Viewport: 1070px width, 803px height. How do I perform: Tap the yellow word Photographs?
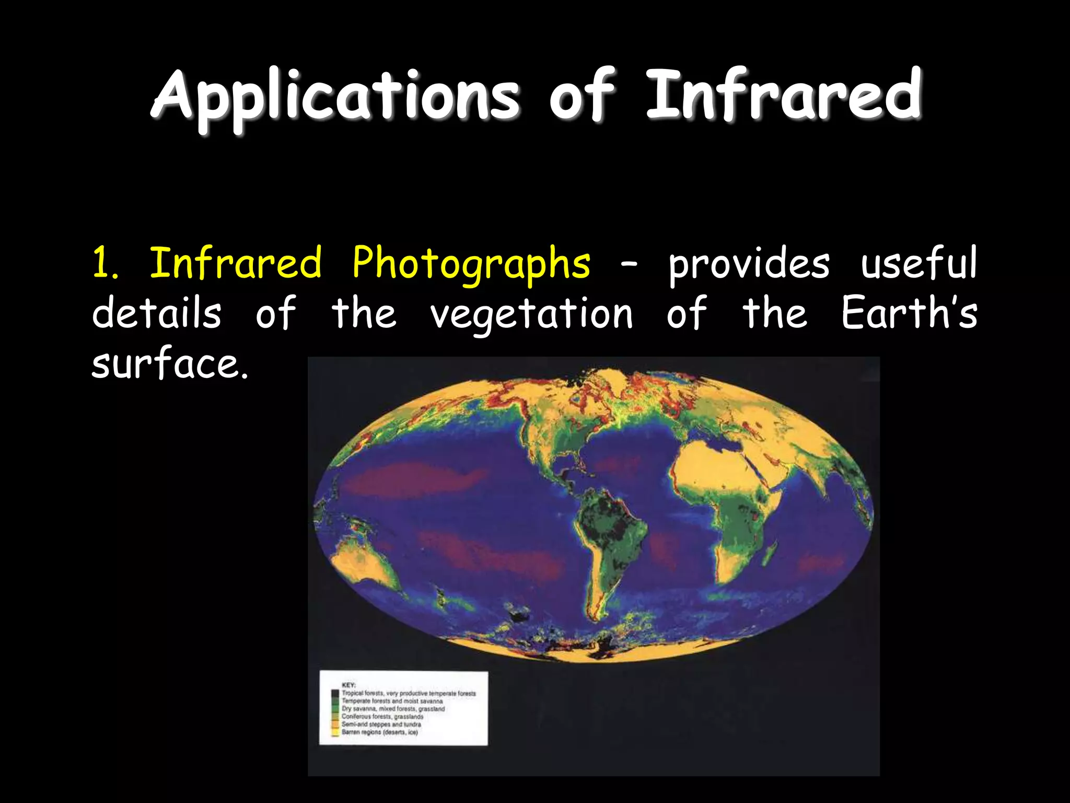click(471, 263)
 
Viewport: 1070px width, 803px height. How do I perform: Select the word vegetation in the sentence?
click(531, 314)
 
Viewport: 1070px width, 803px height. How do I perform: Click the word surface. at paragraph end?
click(169, 364)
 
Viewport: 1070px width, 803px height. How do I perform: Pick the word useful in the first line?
click(918, 263)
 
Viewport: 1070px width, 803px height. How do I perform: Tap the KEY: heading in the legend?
click(348, 685)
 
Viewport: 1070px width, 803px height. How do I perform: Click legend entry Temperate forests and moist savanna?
click(392, 701)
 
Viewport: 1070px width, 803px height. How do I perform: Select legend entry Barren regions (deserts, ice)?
click(380, 732)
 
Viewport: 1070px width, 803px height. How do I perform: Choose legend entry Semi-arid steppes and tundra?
click(381, 725)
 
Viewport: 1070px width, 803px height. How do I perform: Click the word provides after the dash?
click(749, 263)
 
